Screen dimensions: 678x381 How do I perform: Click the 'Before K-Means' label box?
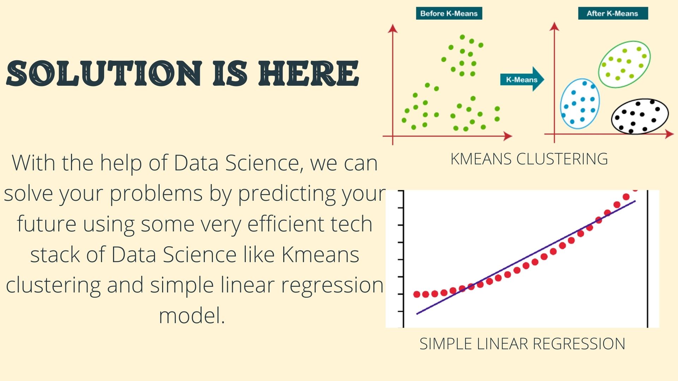[449, 13]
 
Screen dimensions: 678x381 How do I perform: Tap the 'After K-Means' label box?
[613, 13]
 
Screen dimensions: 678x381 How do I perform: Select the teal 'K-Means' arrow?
[522, 79]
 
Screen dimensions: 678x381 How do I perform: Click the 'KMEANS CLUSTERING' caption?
[529, 159]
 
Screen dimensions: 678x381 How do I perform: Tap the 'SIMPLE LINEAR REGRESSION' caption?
[522, 344]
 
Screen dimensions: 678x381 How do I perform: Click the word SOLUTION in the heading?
[104, 73]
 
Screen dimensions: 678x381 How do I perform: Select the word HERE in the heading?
[309, 73]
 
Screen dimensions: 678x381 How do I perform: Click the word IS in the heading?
[230, 73]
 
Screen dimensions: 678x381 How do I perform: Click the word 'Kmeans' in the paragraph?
[320, 255]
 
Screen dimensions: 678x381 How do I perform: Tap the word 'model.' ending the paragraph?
[192, 316]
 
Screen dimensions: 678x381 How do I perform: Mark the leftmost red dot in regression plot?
[417, 294]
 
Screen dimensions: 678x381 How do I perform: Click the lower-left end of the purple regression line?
[417, 314]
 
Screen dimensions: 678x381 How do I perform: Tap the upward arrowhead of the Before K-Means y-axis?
[393, 28]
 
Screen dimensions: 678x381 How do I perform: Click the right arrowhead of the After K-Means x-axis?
[670, 134]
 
